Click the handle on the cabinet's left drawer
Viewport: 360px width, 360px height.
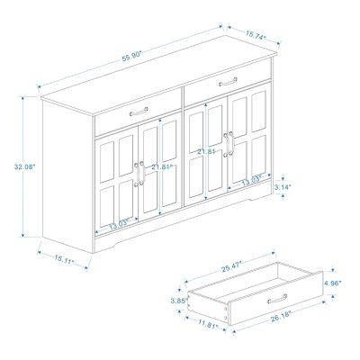tap(138, 112)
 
